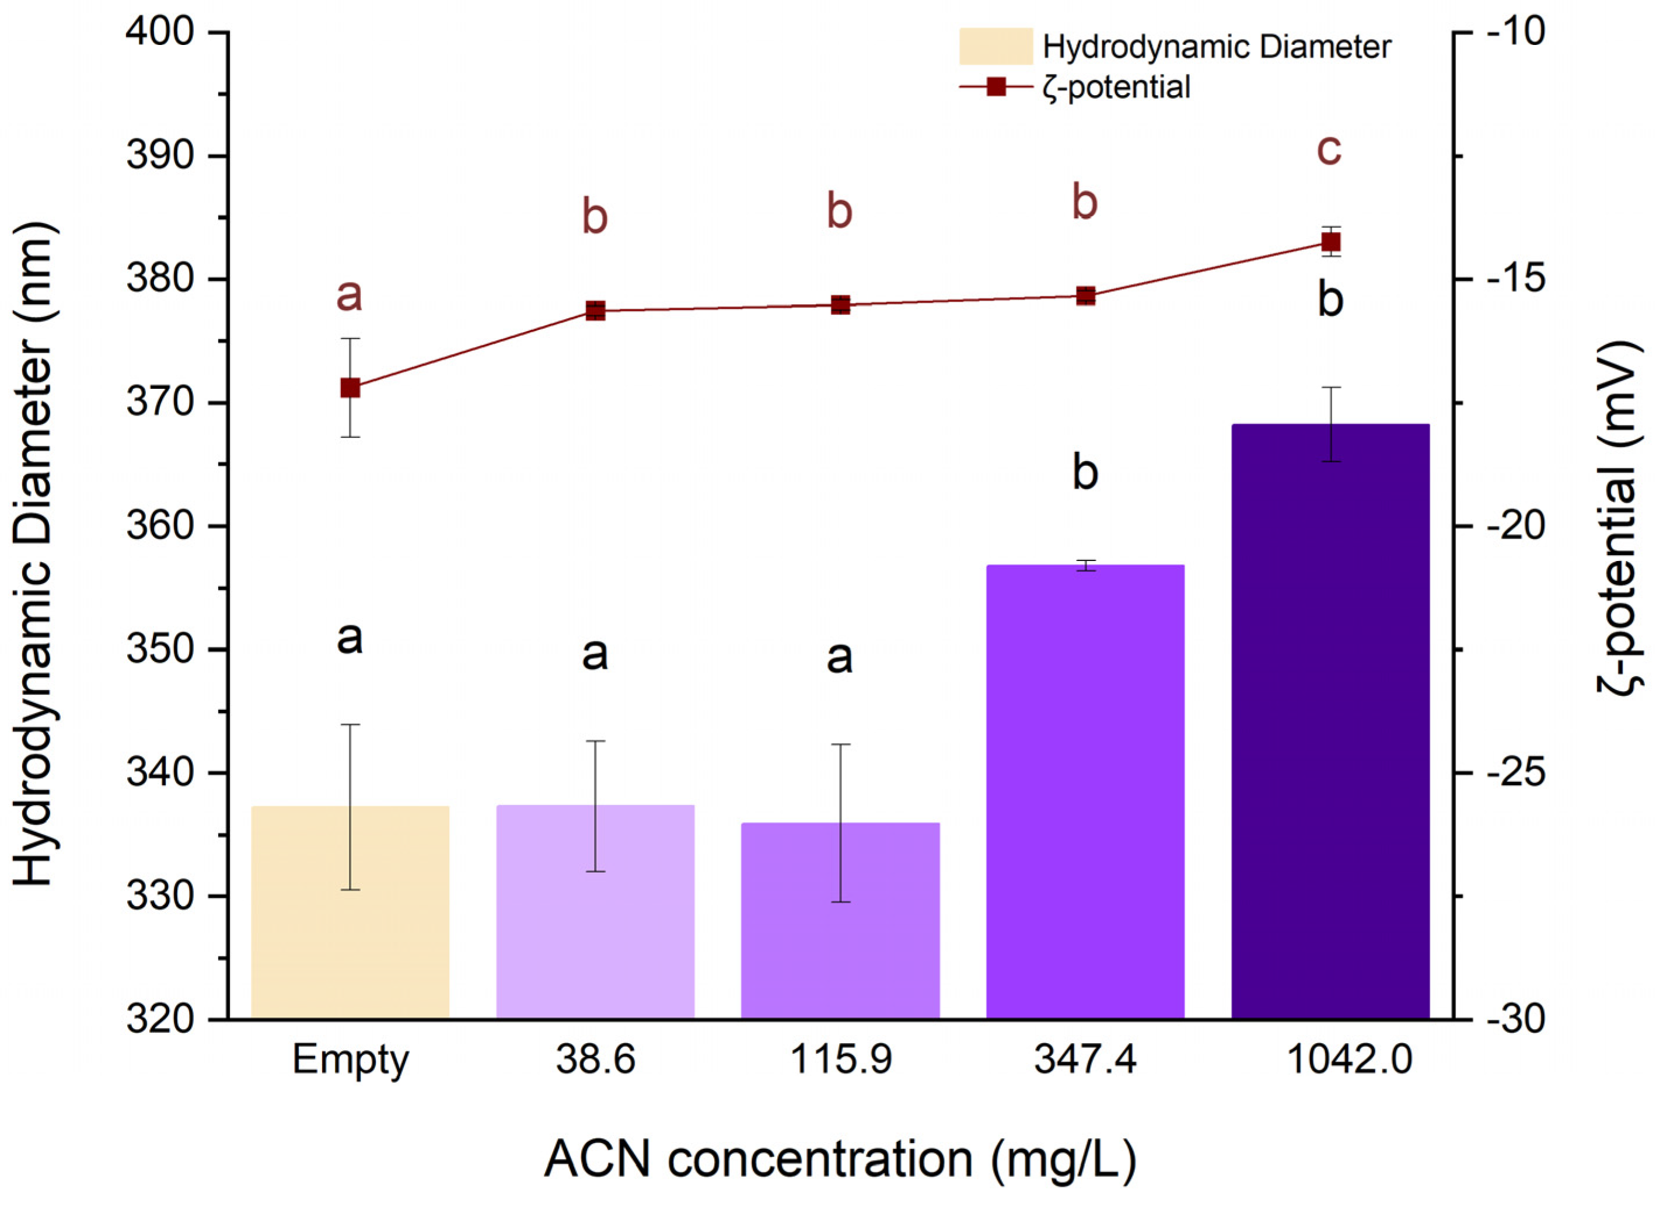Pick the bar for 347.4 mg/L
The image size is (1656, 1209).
point(1085,790)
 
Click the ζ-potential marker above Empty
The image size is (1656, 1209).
point(350,387)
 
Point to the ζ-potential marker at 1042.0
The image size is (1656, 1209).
point(1330,242)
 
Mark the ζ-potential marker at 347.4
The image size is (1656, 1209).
point(1085,295)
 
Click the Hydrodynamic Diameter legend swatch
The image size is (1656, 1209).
point(995,47)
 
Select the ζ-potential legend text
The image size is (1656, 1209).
point(1117,87)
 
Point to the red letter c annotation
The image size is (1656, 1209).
point(1329,150)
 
